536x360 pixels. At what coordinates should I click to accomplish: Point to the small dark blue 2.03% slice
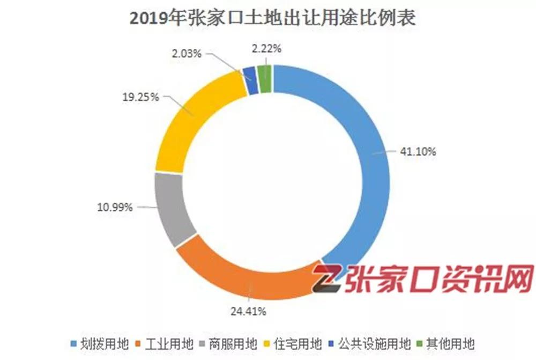249,73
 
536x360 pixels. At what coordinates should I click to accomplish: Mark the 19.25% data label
141,97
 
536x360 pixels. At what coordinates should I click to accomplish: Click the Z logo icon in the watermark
326,281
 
